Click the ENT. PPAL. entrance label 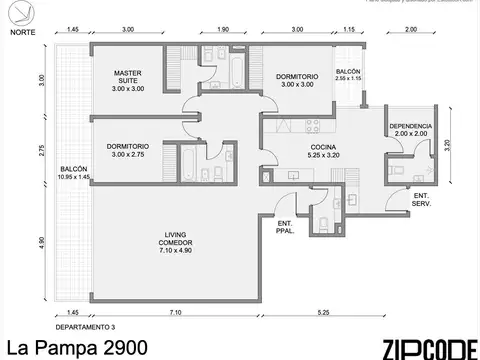click(285, 226)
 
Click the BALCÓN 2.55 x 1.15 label click(349, 74)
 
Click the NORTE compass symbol click(17, 14)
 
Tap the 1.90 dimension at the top click(223, 31)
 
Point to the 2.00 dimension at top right click(412, 31)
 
